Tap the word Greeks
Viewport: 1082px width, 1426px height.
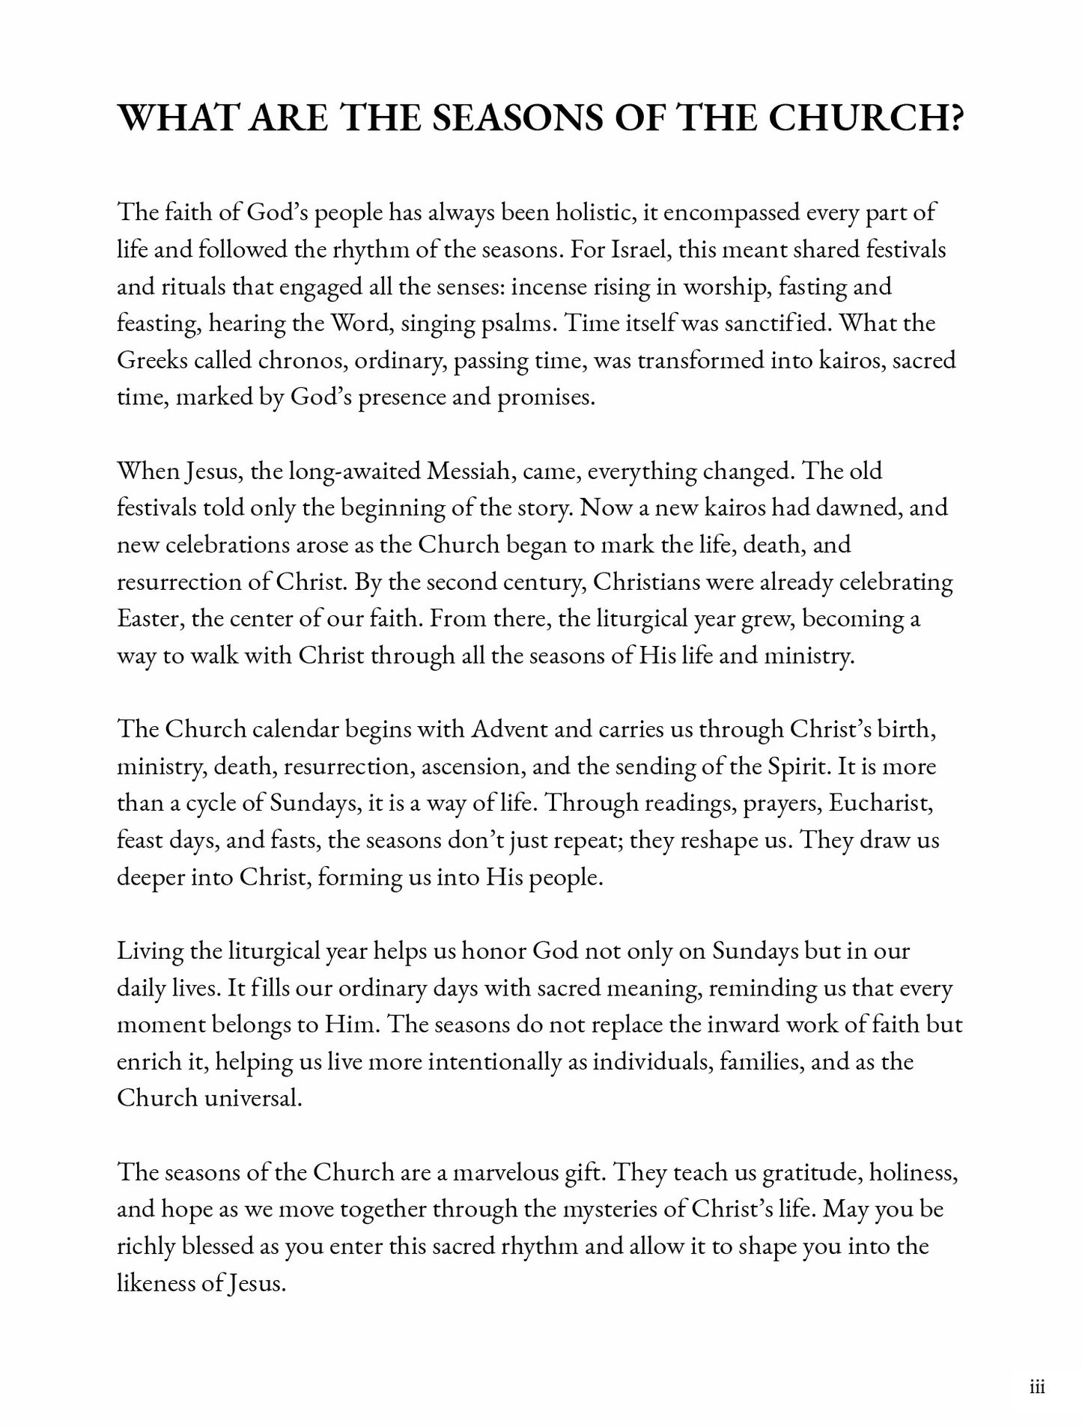coord(152,360)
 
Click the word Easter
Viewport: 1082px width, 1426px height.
coord(151,619)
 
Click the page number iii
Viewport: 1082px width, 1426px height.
coord(1037,1389)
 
